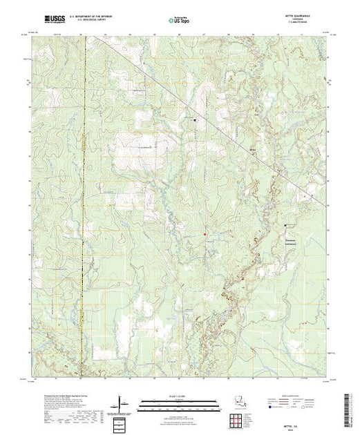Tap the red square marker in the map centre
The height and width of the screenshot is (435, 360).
(x=205, y=235)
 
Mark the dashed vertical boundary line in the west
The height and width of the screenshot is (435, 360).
(x=83, y=207)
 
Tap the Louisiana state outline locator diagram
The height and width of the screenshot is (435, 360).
(x=241, y=400)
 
